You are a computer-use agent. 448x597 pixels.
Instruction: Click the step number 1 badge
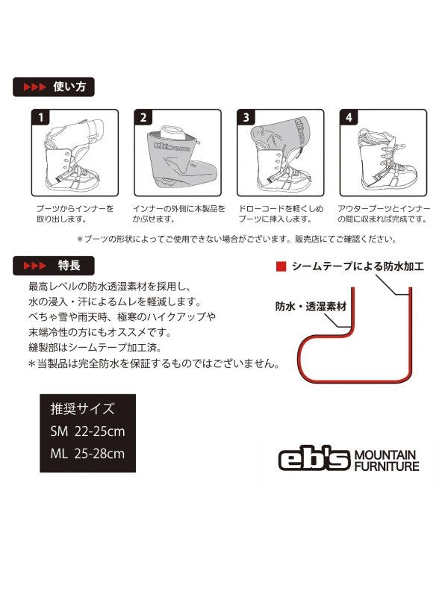point(40,117)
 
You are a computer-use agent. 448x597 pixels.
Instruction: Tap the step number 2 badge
point(143,117)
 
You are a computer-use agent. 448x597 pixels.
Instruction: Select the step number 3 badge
point(246,117)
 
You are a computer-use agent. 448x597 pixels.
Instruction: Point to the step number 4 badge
point(349,117)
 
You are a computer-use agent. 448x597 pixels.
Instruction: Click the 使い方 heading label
point(69,87)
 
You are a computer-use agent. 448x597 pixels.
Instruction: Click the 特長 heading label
point(69,266)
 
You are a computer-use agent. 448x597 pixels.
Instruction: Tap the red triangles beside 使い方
point(34,87)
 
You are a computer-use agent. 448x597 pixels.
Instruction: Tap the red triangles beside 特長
point(34,266)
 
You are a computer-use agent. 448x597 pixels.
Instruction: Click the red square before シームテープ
point(281,266)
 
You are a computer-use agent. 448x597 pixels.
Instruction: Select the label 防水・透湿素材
point(311,307)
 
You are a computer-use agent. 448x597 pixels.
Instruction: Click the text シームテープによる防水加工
point(358,266)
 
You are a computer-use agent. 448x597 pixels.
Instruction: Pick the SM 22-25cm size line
point(87,431)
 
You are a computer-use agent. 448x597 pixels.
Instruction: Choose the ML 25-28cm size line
point(87,454)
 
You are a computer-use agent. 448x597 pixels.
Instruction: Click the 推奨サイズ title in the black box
point(82,409)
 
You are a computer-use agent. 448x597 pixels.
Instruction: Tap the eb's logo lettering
point(314,459)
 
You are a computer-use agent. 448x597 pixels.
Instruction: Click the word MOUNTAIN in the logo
point(385,455)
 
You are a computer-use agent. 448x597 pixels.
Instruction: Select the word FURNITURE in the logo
point(387,466)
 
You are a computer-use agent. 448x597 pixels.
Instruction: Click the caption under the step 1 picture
point(75,213)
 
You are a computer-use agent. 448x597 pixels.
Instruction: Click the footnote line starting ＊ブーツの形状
point(237,239)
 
